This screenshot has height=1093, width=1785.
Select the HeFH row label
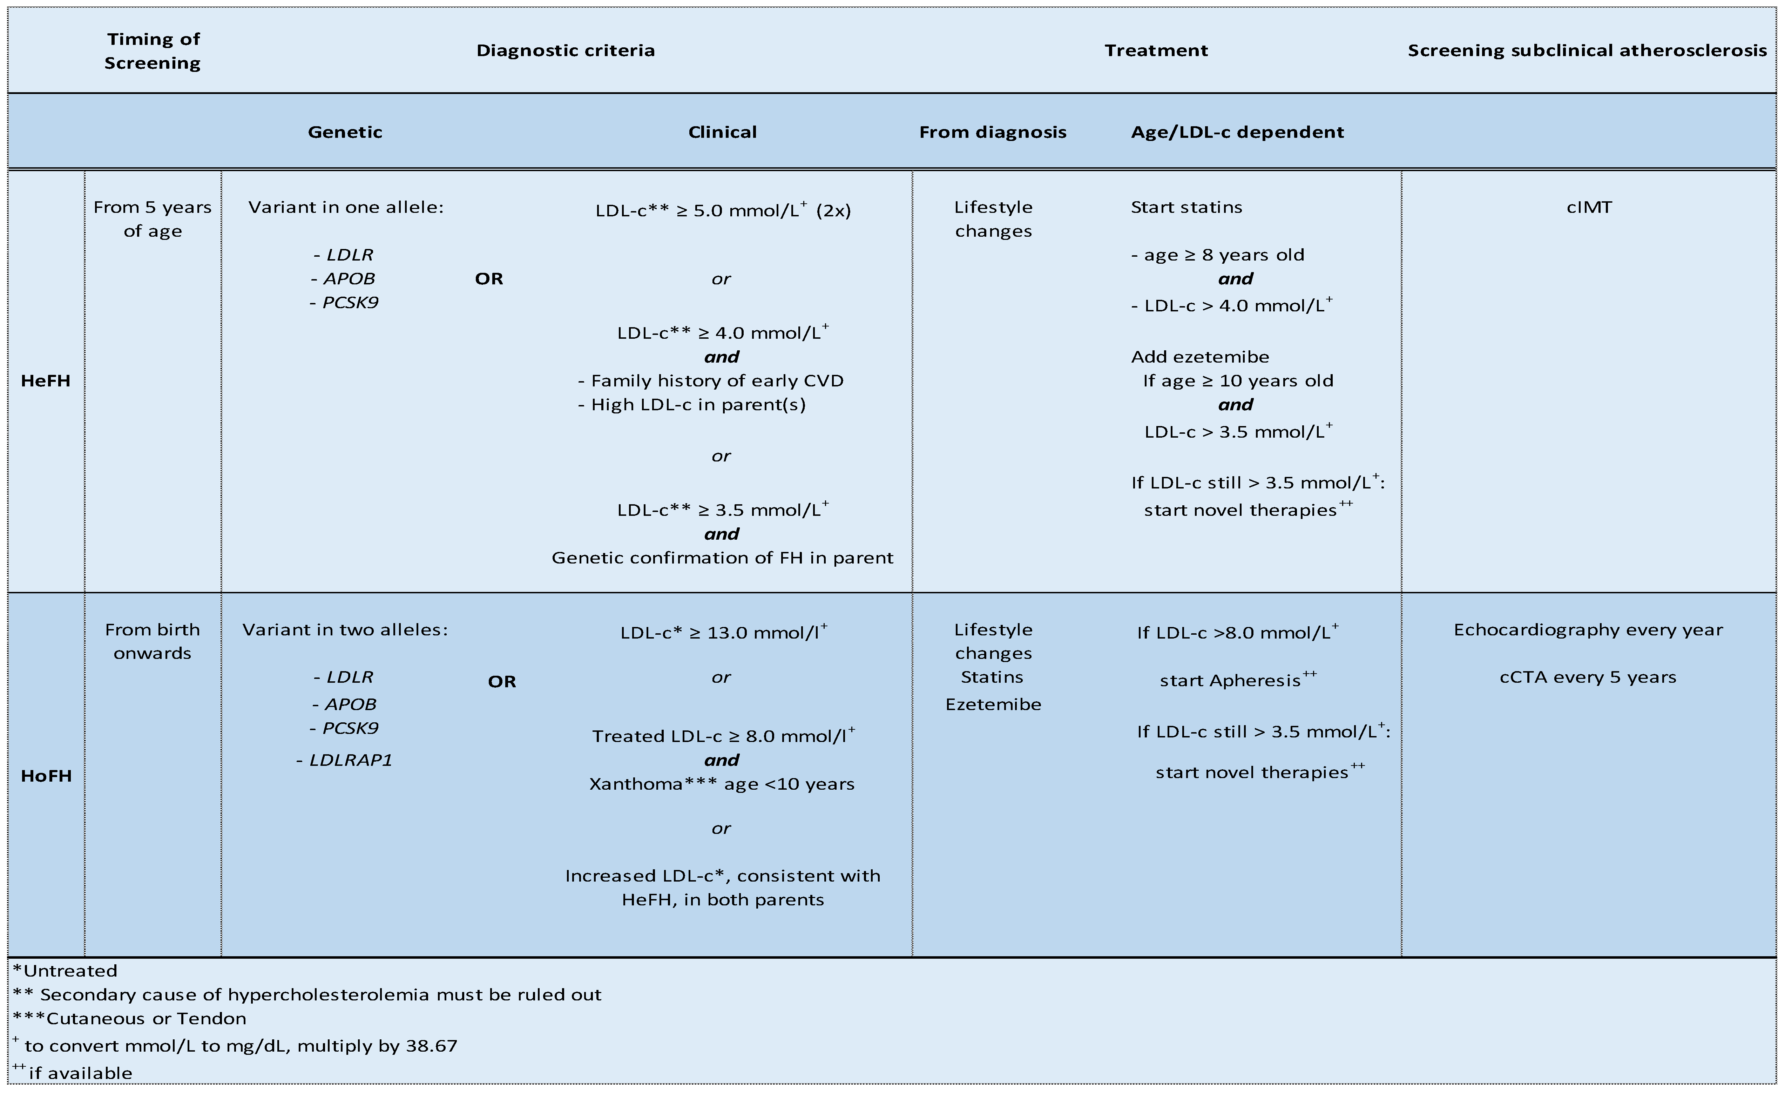coord(46,381)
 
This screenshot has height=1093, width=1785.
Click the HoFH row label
coord(46,776)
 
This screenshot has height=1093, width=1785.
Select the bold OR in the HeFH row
coord(489,279)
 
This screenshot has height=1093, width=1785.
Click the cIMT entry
coord(1589,207)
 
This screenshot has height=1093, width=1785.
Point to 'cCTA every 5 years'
coord(1588,677)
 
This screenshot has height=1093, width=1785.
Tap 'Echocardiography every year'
coord(1588,629)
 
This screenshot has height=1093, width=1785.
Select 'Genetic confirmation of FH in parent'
coord(722,558)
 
